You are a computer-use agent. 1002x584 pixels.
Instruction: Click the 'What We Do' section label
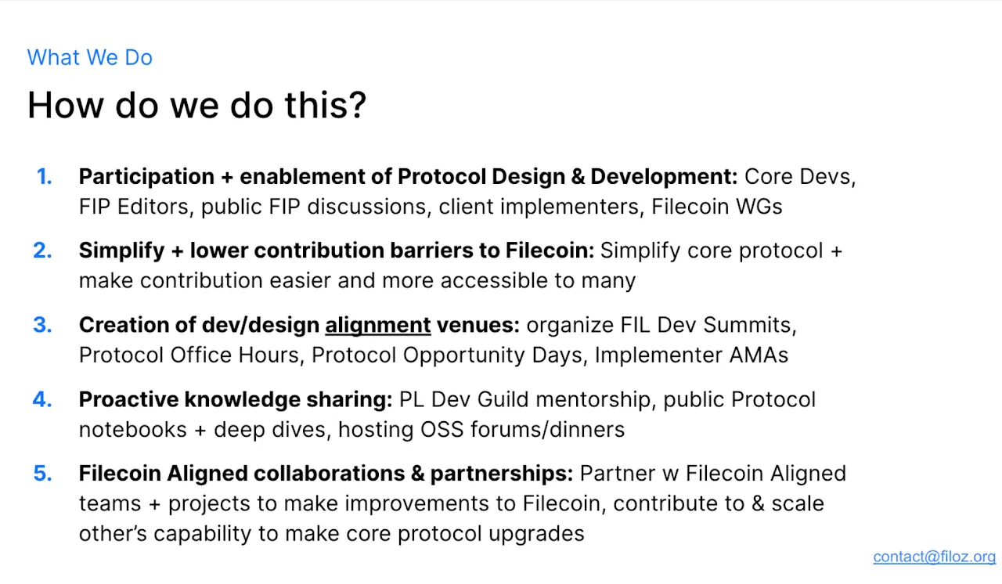pyautogui.click(x=89, y=57)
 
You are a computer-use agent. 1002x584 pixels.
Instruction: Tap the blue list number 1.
pyautogui.click(x=45, y=176)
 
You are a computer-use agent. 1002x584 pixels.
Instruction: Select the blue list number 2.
pyautogui.click(x=42, y=250)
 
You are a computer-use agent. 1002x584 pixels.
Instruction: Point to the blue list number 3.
pyautogui.click(x=42, y=325)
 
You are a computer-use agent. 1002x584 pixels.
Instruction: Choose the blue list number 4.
pyautogui.click(x=42, y=399)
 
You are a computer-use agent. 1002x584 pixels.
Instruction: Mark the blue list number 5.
pyautogui.click(x=42, y=473)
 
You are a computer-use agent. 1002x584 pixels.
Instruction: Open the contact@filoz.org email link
pyautogui.click(x=934, y=557)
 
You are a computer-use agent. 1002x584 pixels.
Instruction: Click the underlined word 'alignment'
pyautogui.click(x=378, y=325)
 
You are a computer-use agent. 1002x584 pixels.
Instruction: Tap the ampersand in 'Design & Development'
pyautogui.click(x=578, y=177)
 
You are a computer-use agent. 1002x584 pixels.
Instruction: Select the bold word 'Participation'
pyautogui.click(x=146, y=177)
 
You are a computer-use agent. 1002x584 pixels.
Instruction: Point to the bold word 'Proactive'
pyautogui.click(x=129, y=399)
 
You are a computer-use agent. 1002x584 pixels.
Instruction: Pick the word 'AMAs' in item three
pyautogui.click(x=759, y=355)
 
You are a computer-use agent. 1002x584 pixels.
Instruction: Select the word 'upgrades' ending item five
pyautogui.click(x=536, y=534)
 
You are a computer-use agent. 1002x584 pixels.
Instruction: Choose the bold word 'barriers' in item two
pyautogui.click(x=431, y=251)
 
